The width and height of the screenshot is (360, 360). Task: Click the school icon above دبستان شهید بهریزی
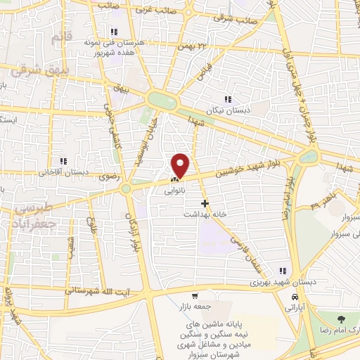click(x=283, y=271)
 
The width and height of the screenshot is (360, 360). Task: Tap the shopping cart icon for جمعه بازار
click(x=194, y=296)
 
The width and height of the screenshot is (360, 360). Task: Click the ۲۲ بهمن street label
click(x=195, y=45)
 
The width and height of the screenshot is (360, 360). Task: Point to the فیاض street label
click(x=205, y=72)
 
